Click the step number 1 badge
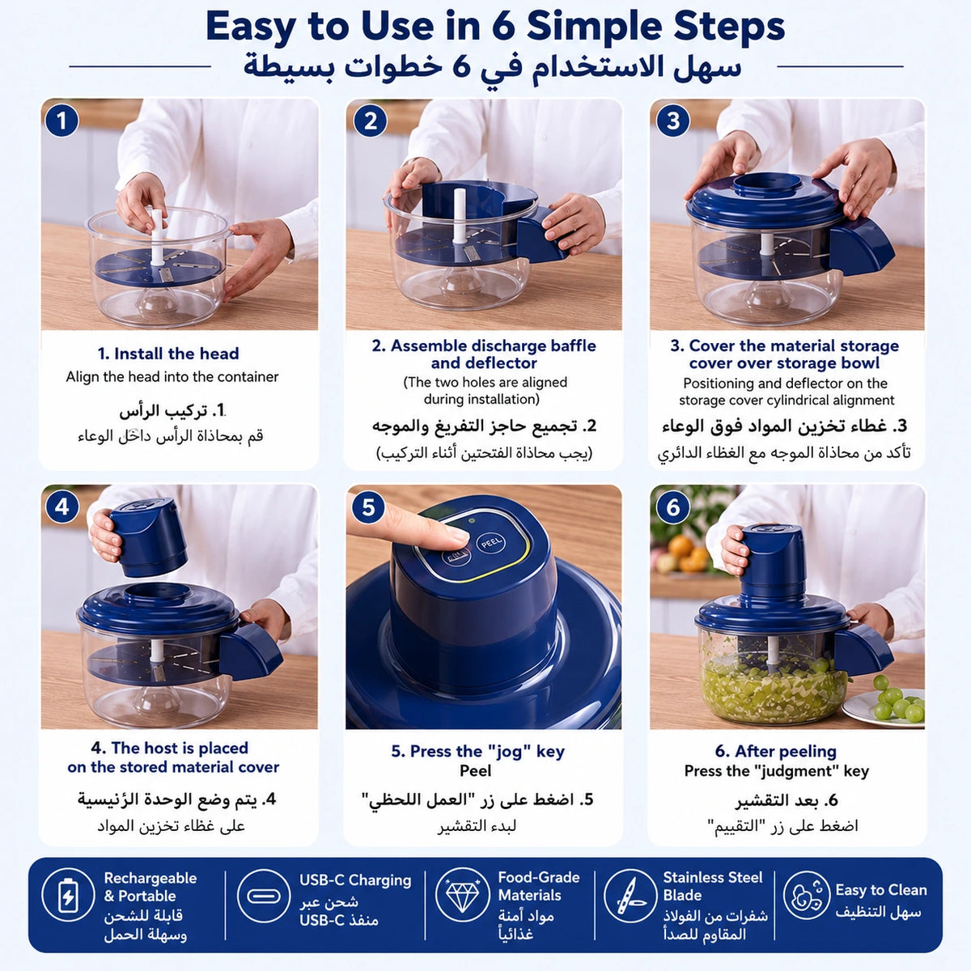click(x=61, y=121)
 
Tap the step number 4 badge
click(x=61, y=507)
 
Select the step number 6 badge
click(x=673, y=507)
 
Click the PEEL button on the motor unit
click(x=492, y=543)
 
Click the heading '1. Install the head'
click(x=168, y=354)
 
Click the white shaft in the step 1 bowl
click(x=157, y=237)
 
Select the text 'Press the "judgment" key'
click(x=777, y=771)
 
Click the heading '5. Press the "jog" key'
click(x=477, y=751)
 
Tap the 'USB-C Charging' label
click(x=355, y=880)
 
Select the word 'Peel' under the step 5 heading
click(x=475, y=770)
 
